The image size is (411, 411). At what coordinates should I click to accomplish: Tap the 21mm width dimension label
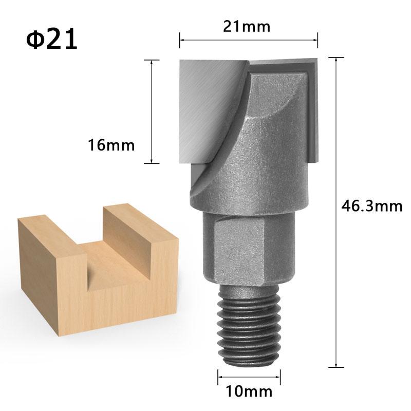(247, 26)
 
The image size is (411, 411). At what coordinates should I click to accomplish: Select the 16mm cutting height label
(110, 145)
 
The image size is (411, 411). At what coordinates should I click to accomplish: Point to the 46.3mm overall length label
(371, 207)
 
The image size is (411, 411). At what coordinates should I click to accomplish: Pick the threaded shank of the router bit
(248, 325)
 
